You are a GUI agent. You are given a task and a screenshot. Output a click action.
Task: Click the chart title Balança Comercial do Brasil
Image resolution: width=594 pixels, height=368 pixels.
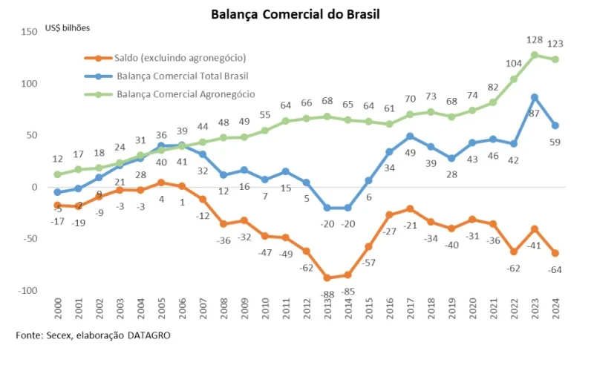(x=296, y=13)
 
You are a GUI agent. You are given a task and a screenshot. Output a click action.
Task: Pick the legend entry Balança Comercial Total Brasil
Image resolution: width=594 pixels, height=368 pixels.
(x=182, y=76)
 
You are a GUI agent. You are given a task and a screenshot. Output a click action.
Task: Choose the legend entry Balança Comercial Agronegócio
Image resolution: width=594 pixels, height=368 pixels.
(x=186, y=94)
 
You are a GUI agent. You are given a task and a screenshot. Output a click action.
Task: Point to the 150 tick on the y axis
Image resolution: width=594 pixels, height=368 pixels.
(x=30, y=32)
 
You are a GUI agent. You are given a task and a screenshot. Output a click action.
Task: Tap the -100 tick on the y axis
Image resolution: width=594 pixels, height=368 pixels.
(x=27, y=290)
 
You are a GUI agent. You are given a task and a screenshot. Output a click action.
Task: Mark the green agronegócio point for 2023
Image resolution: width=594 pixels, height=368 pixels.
(x=534, y=55)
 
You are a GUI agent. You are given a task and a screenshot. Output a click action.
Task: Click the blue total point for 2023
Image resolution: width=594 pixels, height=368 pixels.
(x=534, y=97)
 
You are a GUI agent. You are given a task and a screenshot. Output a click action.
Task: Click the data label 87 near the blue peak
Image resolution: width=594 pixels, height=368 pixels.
(x=534, y=114)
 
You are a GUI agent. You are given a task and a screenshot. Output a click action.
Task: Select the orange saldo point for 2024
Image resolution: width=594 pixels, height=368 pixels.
(x=555, y=253)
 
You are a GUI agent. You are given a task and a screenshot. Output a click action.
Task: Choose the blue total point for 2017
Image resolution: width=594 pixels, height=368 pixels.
(x=409, y=137)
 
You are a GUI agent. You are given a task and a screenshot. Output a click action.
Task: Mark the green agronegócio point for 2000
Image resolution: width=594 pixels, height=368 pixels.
(x=57, y=174)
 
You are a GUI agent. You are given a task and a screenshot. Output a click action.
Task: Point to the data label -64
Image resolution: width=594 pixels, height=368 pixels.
(x=555, y=269)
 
